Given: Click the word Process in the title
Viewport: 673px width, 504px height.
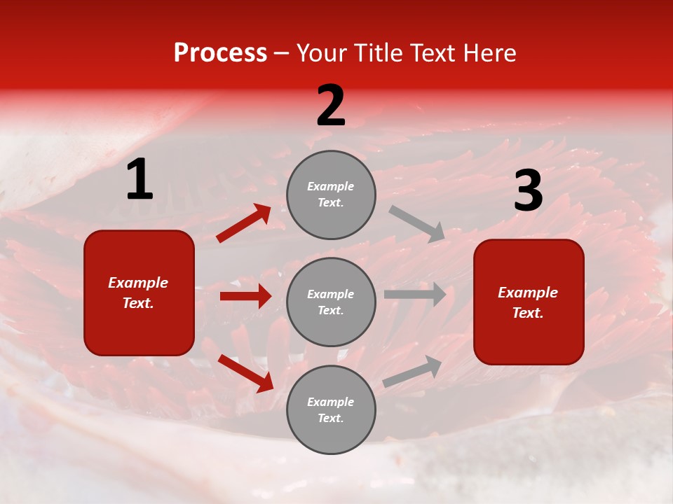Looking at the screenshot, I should coord(220,53).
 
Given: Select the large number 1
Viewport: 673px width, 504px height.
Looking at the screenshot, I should coord(140,181).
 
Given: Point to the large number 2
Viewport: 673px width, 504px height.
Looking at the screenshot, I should coord(331,106).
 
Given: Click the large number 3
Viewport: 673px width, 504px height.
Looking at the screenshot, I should coord(528,192).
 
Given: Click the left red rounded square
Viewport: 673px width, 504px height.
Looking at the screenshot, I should coord(139,293).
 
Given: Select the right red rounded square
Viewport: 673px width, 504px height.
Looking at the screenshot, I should coord(529,302).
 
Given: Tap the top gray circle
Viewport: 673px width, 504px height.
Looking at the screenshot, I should coord(331,195).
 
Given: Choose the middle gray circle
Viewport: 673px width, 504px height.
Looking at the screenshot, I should coord(331,302).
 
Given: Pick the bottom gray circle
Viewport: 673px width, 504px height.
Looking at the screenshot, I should coord(331,409).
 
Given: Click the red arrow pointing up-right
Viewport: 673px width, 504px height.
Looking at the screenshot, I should coord(244,223).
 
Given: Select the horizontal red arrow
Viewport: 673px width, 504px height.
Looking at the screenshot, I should coord(245,296).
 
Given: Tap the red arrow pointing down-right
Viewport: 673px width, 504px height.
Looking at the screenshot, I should coord(245,373).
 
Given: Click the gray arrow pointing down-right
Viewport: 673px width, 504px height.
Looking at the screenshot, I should coord(417,223).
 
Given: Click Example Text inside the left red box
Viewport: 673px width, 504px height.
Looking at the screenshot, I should coord(138,293).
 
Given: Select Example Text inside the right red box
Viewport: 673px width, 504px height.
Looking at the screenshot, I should coord(528,302).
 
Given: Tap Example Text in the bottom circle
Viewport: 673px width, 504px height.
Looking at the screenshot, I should coord(331,409).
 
